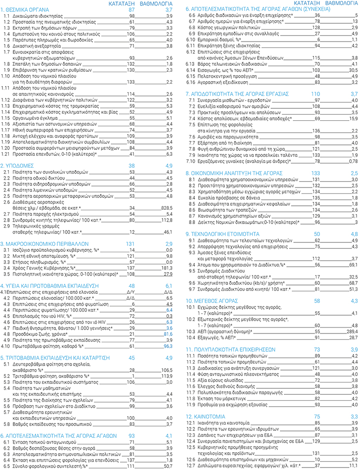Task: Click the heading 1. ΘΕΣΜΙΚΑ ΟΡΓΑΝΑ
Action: pos(26,9)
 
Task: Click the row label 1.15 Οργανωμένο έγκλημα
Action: pos(35,118)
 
